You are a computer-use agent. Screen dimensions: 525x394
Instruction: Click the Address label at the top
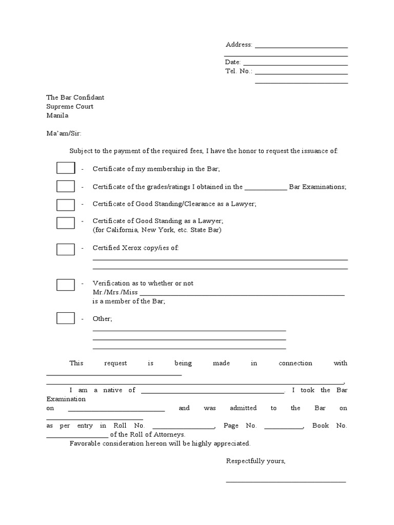click(239, 45)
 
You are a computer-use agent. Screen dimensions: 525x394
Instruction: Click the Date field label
click(233, 62)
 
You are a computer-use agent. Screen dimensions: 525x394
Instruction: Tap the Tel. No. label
click(239, 71)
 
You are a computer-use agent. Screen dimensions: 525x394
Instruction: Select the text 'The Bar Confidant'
click(75, 97)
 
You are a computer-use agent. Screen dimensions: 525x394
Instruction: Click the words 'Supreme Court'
click(70, 107)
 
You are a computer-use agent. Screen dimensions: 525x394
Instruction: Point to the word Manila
click(57, 116)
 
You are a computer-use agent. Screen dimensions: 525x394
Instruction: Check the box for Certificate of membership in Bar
click(66, 169)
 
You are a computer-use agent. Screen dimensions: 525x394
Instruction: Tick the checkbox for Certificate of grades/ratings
click(66, 187)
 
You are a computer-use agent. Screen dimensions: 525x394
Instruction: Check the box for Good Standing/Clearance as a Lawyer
click(66, 205)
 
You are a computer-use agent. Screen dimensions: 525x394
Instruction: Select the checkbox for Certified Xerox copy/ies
click(66, 249)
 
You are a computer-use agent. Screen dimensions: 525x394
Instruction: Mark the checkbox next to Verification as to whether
click(66, 285)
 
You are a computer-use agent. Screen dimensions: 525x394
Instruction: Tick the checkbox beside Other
click(66, 318)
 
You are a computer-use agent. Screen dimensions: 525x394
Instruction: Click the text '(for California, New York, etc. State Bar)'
click(157, 230)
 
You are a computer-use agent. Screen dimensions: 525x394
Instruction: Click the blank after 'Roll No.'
click(183, 428)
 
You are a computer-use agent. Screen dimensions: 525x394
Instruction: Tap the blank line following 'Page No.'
click(284, 428)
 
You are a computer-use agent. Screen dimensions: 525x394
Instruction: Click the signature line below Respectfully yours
click(286, 481)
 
